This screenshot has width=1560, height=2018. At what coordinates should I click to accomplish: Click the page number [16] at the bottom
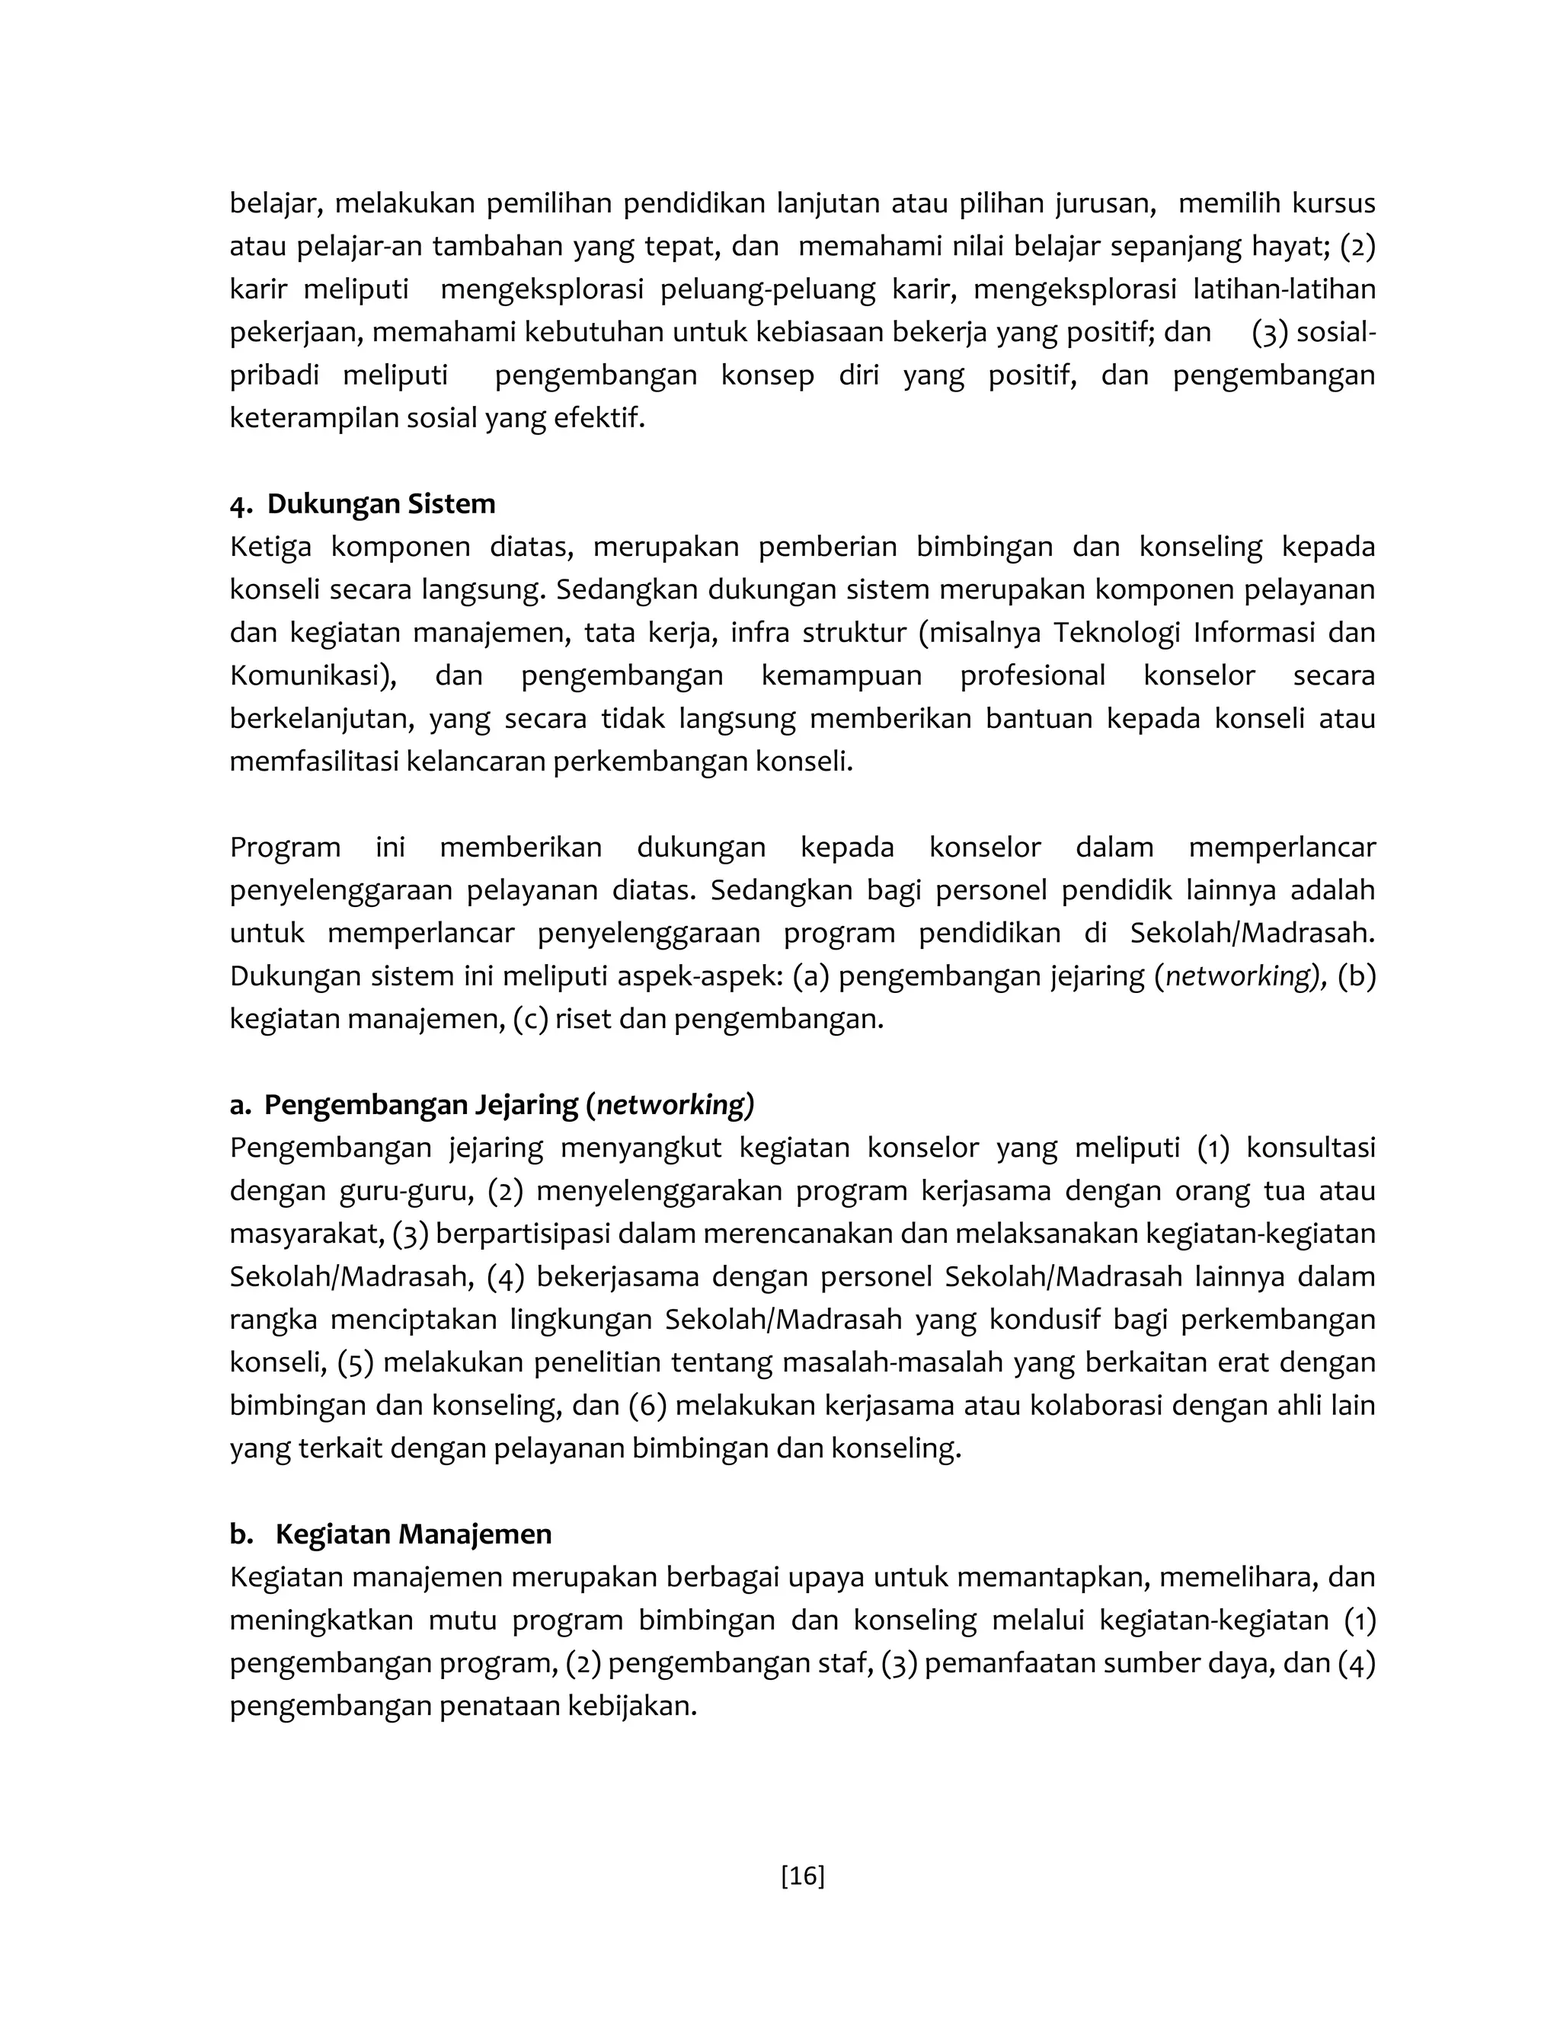tap(802, 1876)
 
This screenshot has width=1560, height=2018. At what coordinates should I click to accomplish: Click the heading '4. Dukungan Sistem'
tap(363, 503)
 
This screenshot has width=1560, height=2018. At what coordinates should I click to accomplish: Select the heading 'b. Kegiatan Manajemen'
tap(390, 1534)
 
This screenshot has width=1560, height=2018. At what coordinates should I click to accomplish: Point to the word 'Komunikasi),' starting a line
tap(312, 675)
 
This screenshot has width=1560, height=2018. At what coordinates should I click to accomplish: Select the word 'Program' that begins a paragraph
tap(285, 848)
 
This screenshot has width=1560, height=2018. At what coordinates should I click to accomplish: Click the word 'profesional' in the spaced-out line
tap(1032, 675)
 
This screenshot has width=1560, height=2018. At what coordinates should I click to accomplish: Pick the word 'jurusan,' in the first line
tap(1104, 203)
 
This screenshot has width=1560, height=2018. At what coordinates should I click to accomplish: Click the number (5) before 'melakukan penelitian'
tap(355, 1363)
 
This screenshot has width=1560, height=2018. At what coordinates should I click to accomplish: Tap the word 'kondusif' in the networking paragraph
tap(1044, 1320)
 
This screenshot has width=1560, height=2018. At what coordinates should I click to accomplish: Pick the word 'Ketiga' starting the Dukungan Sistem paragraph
tap(270, 547)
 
